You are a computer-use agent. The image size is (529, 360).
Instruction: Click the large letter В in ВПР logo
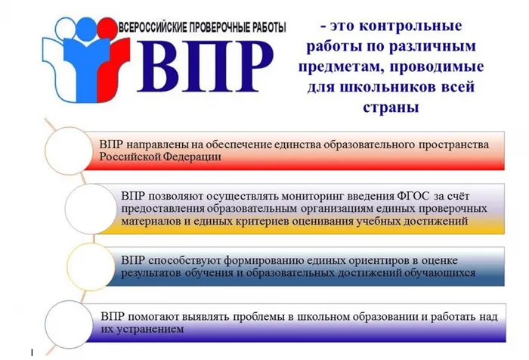click(x=160, y=65)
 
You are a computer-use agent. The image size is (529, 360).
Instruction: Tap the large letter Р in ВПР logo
click(x=246, y=65)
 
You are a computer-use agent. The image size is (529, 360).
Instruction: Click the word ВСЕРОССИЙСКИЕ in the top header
click(x=158, y=27)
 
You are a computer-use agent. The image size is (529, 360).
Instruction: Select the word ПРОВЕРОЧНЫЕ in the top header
click(x=224, y=27)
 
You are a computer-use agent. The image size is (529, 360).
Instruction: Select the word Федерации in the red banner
click(x=192, y=157)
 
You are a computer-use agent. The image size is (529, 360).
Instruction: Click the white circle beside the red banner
click(x=72, y=147)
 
